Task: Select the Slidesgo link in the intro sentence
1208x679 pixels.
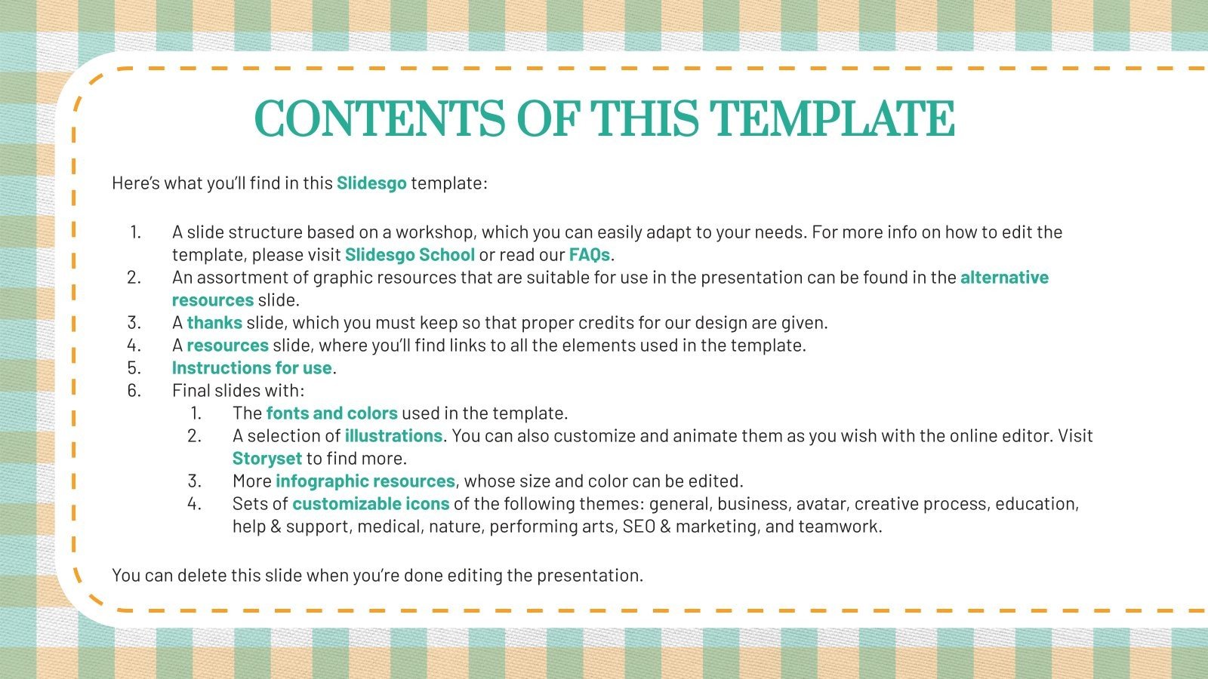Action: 371,183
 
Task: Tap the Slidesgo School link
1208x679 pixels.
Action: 409,255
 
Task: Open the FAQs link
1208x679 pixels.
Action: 589,255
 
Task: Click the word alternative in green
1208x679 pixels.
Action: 1004,278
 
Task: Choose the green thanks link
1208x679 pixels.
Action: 214,323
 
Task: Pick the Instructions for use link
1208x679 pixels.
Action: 251,368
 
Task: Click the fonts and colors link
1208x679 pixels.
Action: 331,413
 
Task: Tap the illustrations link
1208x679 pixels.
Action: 393,436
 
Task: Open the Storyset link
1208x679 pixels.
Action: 267,459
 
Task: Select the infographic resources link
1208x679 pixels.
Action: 365,481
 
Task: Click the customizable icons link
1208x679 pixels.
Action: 371,504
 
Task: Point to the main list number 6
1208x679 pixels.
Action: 134,391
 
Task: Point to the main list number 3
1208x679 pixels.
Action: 134,323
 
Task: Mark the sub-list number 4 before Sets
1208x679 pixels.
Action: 194,504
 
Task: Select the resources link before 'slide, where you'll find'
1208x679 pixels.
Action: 227,346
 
